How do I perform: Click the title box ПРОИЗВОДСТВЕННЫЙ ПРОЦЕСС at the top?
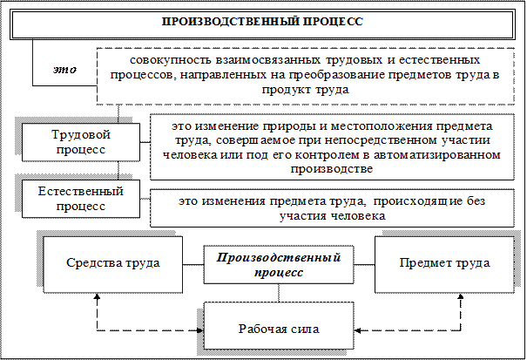coord(262,20)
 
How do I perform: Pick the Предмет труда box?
coord(444,262)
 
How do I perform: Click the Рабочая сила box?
coord(279,329)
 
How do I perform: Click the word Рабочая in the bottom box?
coord(260,329)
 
